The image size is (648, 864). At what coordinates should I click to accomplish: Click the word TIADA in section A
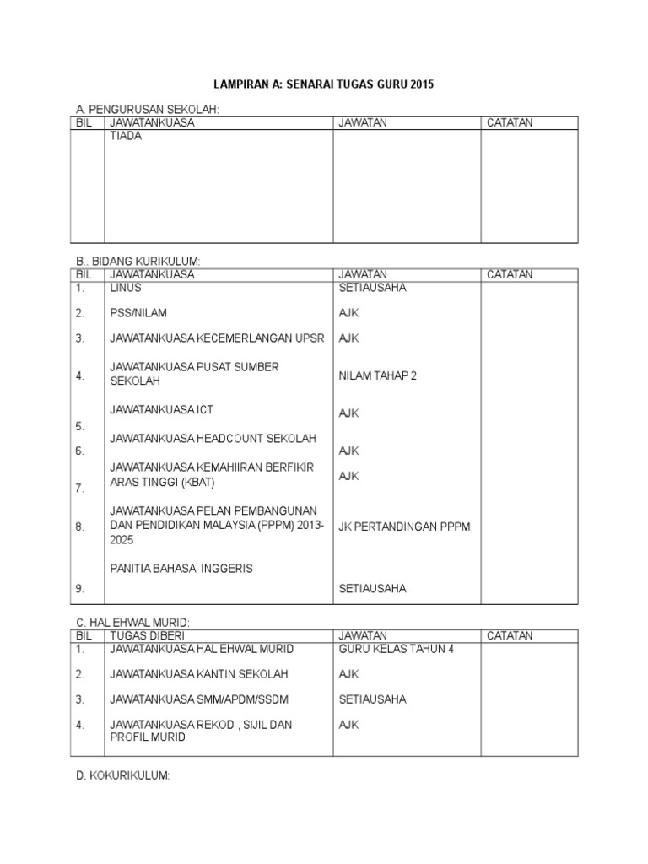point(126,136)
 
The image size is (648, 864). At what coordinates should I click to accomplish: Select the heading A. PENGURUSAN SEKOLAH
point(148,110)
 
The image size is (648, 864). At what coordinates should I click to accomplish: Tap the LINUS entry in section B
point(126,288)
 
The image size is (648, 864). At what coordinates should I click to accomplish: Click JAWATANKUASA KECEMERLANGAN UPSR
point(217,338)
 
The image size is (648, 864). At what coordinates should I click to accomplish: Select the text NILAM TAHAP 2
point(378,376)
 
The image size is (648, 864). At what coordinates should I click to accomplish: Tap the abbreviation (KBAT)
point(192,483)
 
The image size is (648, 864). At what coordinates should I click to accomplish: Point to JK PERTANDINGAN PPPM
point(404,526)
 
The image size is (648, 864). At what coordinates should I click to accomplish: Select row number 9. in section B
point(80,589)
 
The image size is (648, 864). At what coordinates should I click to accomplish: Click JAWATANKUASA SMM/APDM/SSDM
point(198,699)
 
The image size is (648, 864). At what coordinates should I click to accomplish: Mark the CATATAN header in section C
point(509,635)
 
